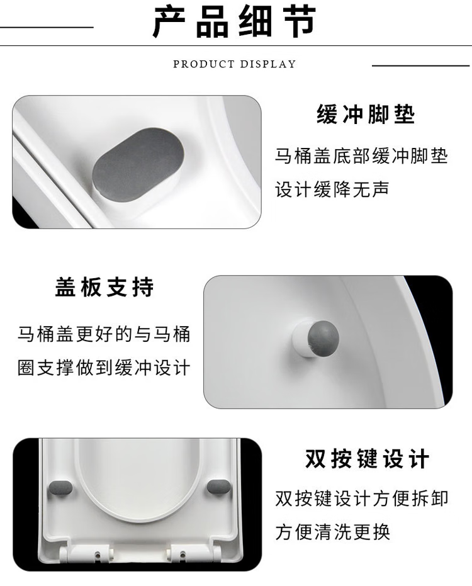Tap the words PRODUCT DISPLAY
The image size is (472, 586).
234,64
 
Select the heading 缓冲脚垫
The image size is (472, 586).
366,114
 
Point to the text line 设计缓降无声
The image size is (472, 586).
332,189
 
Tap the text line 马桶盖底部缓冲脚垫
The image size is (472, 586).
361,156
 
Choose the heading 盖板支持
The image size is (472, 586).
104,287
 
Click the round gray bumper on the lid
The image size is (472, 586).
323,339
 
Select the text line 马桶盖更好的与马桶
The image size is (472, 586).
104,334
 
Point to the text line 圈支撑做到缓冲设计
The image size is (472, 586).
104,368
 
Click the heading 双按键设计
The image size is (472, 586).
367,459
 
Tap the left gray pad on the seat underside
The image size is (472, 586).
60,488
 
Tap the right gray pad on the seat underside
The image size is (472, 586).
219,487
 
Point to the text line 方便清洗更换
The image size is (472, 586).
333,532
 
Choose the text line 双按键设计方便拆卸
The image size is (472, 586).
361,498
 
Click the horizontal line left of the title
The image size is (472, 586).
47,27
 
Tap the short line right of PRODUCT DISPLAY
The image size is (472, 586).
421,65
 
